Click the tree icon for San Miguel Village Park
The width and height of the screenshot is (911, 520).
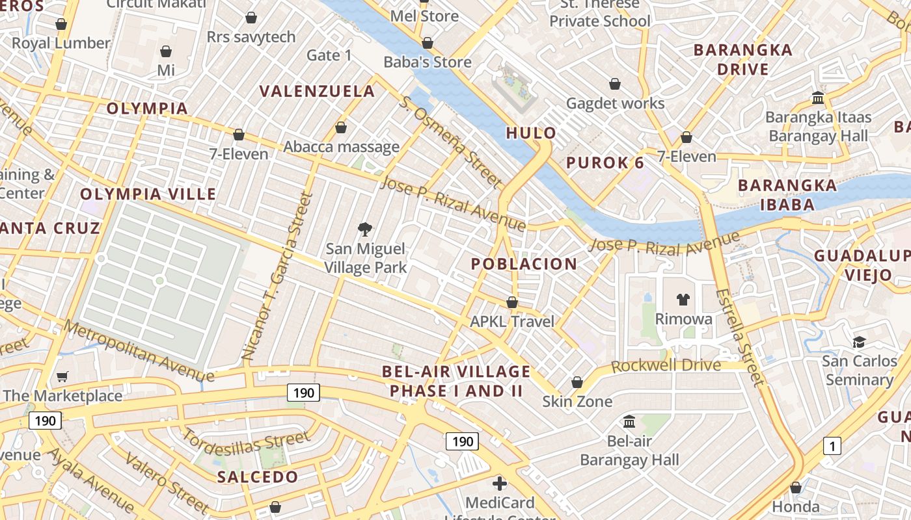click(365, 229)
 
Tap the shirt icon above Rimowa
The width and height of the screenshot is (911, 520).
click(683, 299)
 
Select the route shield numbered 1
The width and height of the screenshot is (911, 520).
click(832, 446)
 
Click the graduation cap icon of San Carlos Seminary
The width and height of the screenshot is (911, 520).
click(859, 342)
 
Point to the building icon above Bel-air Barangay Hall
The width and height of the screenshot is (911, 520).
click(629, 422)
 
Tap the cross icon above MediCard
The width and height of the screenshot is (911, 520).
click(500, 484)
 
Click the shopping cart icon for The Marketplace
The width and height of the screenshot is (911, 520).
click(62, 376)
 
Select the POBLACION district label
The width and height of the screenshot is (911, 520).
click(524, 264)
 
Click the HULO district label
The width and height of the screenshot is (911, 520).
click(531, 133)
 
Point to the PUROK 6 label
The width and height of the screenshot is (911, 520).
click(605, 162)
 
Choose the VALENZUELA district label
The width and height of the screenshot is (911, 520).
click(318, 92)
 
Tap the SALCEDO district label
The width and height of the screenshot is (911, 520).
click(258, 476)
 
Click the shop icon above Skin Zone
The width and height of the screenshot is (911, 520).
click(577, 382)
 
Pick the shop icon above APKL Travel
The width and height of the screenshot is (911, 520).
click(512, 302)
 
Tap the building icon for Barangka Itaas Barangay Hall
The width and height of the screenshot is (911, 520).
click(818, 98)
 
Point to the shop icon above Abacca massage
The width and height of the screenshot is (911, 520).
click(341, 127)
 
